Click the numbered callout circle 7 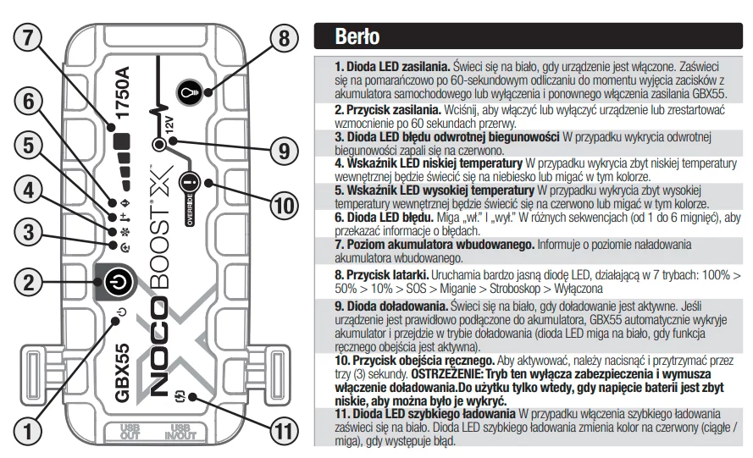(28, 37)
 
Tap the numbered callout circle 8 (285, 38)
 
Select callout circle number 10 (285, 206)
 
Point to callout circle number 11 (285, 432)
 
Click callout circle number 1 (28, 431)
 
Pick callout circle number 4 (28, 190)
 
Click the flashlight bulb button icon (189, 92)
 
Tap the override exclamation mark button (191, 184)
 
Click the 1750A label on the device (123, 92)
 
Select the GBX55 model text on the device (123, 372)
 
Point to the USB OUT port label (130, 432)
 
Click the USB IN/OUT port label (180, 432)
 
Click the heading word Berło (357, 36)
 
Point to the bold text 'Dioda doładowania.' (391, 306)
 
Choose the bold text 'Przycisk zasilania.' (388, 110)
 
